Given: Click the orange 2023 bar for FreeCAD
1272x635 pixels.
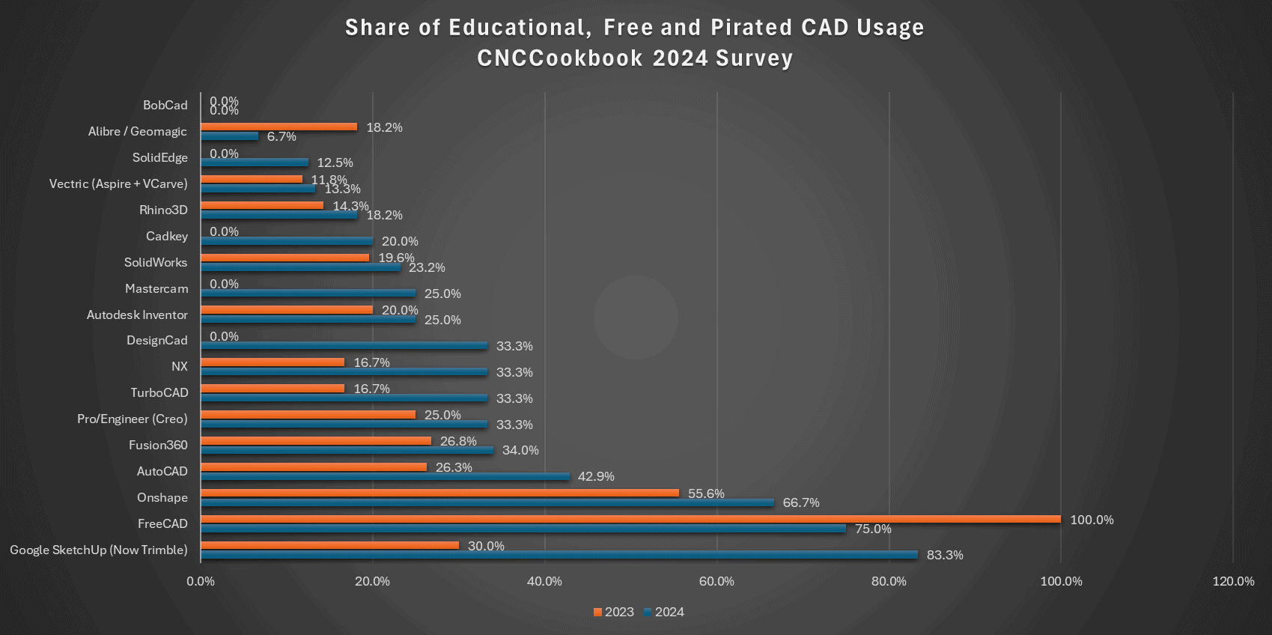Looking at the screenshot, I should tap(630, 519).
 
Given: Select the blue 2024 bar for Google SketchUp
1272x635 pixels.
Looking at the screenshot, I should tap(559, 555).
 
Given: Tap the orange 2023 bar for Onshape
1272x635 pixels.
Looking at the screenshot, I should tap(439, 493).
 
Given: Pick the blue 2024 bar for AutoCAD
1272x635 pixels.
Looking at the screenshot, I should tap(385, 476).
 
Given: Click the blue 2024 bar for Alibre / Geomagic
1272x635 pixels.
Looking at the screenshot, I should tap(229, 136).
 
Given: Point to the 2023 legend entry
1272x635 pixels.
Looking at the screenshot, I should tap(613, 612).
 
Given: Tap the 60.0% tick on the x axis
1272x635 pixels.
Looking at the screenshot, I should tap(716, 581).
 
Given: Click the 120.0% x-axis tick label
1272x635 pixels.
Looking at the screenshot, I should tap(1233, 581).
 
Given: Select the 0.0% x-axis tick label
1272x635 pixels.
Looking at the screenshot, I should tap(201, 581).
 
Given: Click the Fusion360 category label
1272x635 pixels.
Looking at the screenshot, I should tap(158, 445).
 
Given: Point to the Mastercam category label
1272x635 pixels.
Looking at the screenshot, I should tap(156, 288).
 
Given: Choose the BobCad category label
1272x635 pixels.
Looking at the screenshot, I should tap(165, 105).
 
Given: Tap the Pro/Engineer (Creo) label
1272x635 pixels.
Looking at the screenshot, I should tap(133, 419).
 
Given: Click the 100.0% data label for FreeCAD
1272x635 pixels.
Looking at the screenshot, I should tap(1092, 520).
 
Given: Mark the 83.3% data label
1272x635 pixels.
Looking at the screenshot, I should tap(945, 555).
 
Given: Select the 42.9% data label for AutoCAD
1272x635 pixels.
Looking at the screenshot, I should tap(596, 476).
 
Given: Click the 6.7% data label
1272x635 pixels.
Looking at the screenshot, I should tap(282, 136).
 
